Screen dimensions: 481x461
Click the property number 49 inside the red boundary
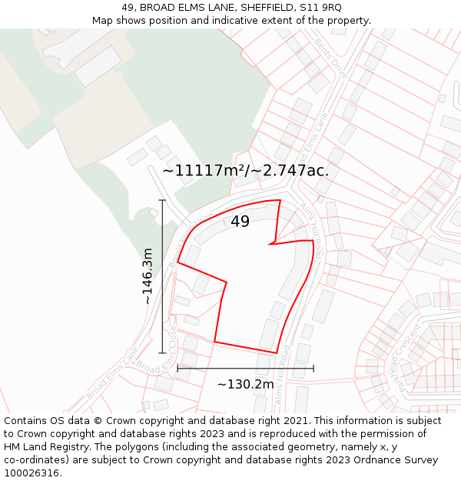click(x=240, y=222)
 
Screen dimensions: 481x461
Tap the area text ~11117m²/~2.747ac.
click(x=245, y=171)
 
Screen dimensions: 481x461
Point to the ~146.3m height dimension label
click(x=148, y=276)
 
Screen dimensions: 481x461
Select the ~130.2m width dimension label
click(x=245, y=385)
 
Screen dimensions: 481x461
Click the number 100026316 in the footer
click(x=32, y=473)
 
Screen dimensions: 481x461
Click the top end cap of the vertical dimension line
click(x=162, y=200)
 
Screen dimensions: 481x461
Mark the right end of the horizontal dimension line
click(x=313, y=369)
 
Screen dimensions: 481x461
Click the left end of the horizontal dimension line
click(x=177, y=369)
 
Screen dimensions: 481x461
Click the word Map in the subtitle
click(x=103, y=21)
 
